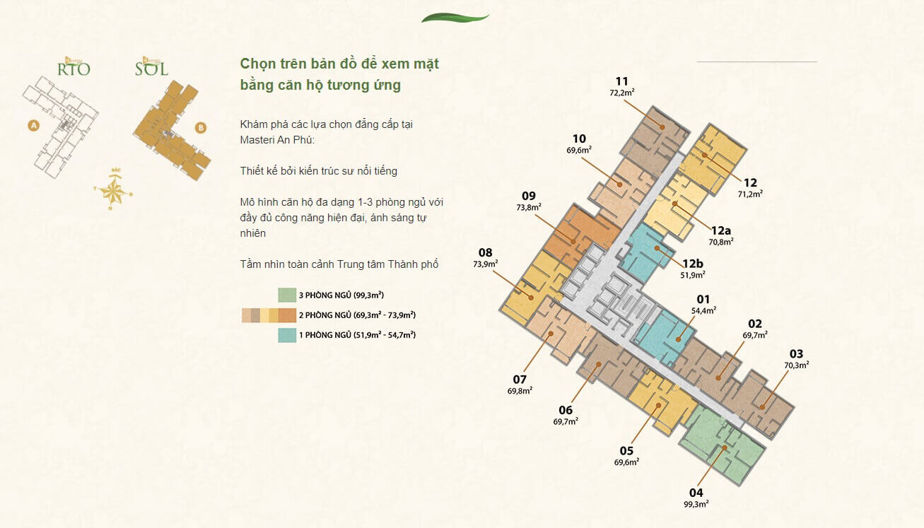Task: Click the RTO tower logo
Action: (74, 68)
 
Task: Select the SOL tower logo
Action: (151, 68)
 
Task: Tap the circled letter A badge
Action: (33, 126)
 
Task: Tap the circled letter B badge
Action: (201, 128)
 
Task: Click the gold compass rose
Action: (113, 189)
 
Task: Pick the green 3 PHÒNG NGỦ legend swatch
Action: (287, 295)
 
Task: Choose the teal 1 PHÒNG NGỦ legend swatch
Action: (287, 335)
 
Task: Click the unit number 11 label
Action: (621, 81)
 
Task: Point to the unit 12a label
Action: (721, 230)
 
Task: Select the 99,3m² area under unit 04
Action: (696, 504)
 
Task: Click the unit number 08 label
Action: (485, 252)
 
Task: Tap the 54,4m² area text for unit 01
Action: (703, 310)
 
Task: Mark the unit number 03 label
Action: (796, 354)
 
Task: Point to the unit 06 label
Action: (566, 410)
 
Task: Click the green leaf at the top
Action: (455, 18)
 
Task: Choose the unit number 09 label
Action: (529, 196)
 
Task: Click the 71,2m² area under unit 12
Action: (750, 193)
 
